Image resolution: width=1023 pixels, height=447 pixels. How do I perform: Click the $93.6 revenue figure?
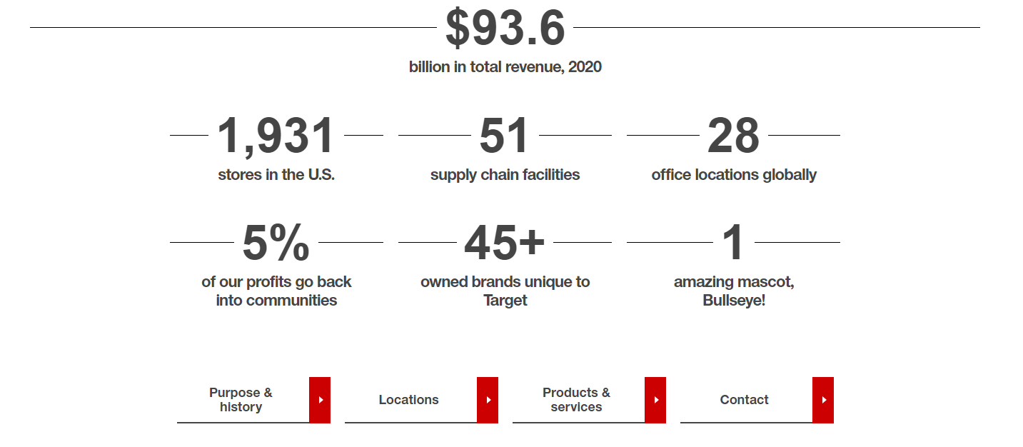(505, 29)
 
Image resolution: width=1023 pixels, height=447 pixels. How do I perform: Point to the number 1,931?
(276, 136)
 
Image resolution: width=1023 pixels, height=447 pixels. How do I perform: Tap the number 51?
(504, 136)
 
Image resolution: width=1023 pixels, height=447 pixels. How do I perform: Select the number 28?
(733, 136)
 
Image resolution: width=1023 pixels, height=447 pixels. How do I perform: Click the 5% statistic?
(276, 243)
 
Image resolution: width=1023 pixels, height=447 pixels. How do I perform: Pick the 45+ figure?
(504, 243)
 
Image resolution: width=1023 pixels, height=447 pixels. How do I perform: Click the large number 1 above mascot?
(733, 243)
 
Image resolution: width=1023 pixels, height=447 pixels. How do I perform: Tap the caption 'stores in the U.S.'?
(276, 175)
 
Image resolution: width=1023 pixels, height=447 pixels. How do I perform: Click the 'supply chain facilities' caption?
(505, 175)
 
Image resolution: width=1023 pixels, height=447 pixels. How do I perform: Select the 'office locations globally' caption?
(734, 175)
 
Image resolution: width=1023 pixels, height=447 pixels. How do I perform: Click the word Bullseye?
(734, 301)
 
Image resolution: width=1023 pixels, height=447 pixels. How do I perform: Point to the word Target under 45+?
(505, 301)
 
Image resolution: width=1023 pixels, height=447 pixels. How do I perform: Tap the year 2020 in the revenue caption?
(585, 67)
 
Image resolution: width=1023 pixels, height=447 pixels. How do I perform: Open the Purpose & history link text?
(241, 400)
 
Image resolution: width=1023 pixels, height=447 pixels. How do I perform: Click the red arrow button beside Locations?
(488, 400)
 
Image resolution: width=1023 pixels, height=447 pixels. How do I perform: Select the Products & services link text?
(576, 400)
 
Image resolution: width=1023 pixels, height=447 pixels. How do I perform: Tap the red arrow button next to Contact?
(823, 400)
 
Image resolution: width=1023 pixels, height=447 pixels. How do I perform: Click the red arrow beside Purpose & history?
(320, 400)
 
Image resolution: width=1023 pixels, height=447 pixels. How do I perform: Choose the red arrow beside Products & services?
(655, 400)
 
